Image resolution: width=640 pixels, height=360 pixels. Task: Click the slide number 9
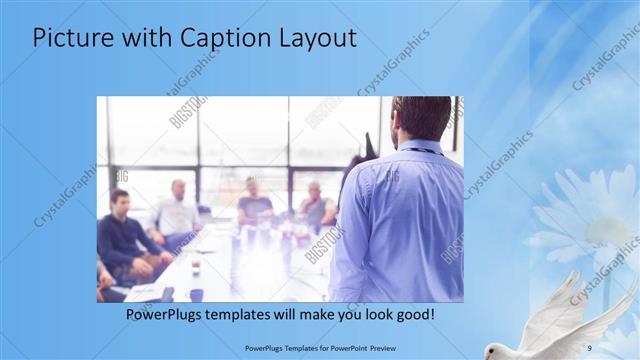click(590, 347)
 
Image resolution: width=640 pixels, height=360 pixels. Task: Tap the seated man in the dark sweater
click(123, 235)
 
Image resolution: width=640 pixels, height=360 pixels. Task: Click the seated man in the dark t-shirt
click(253, 205)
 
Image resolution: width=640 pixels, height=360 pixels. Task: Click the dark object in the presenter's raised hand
click(369, 144)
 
